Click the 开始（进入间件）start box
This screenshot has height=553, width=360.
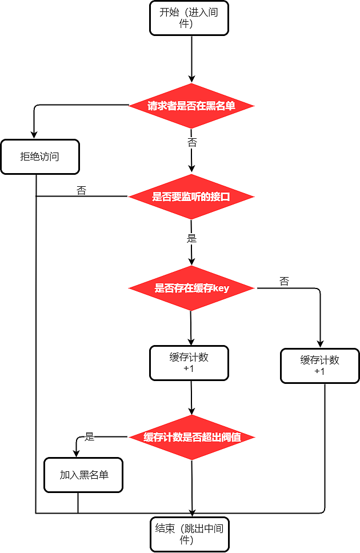[x=189, y=18]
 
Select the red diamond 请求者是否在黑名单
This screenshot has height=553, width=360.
[x=191, y=106]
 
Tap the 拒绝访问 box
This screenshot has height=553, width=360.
[x=39, y=157]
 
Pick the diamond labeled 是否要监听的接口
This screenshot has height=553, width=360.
[x=191, y=197]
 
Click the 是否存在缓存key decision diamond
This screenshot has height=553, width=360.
[x=191, y=288]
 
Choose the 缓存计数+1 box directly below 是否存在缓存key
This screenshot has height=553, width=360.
[x=189, y=363]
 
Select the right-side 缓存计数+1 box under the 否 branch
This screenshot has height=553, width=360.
[x=320, y=366]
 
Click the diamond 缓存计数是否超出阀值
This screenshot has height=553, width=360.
[x=191, y=438]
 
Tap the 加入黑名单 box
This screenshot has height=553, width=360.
[x=83, y=475]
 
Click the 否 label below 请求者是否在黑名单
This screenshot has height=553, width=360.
[x=192, y=142]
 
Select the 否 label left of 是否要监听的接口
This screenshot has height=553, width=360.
[x=81, y=190]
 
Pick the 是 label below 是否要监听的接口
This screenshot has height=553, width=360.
[x=192, y=238]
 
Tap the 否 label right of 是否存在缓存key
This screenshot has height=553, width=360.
[x=284, y=281]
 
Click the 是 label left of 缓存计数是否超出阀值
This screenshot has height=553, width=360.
[x=89, y=437]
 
